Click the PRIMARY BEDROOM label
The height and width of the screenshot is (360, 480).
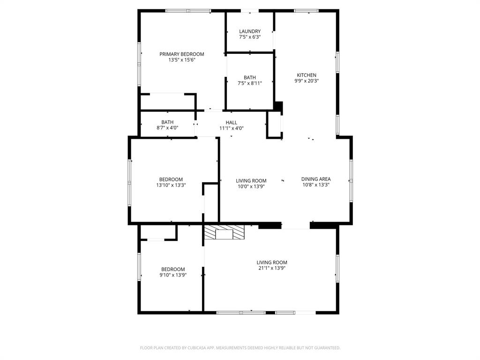pos(182,54)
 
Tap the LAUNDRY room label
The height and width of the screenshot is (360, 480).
pos(250,31)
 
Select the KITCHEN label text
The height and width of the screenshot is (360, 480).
pos(307,75)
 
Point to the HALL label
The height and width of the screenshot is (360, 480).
pos(232,122)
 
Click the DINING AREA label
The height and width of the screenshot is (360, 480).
pos(316,179)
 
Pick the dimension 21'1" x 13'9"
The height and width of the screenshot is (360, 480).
pos(272,268)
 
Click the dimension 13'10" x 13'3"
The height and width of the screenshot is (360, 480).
pos(171,185)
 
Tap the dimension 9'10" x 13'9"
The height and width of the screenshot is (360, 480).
pos(173,275)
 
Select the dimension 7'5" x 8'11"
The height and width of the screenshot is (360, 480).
pos(250,83)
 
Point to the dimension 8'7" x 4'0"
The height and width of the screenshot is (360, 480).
pos(167,128)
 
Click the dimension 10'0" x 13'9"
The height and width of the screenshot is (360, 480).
pos(251,187)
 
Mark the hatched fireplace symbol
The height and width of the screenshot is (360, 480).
pos(224,233)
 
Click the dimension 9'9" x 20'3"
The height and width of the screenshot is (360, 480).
pos(307,81)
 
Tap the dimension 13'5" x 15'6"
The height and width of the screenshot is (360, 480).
pos(182,60)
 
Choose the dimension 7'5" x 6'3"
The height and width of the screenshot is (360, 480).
pos(250,37)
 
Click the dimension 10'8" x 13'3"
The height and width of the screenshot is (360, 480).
pos(316,185)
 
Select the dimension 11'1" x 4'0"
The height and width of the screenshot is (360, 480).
pos(232,128)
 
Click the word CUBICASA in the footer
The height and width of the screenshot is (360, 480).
pos(191,348)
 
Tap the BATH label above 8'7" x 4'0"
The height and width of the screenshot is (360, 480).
pos(167,122)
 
